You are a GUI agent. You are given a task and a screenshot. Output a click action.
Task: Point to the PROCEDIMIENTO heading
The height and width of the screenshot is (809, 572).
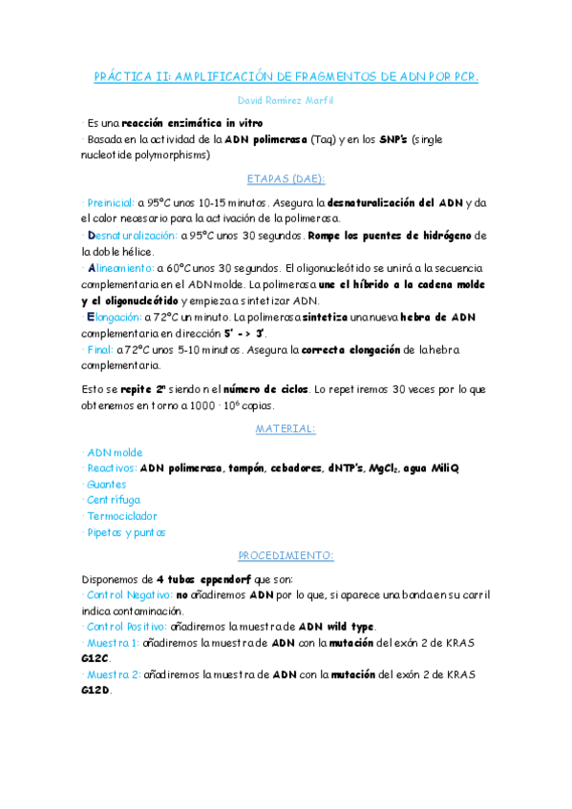286,555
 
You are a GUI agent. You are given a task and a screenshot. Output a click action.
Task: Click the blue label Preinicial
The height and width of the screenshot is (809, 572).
110,203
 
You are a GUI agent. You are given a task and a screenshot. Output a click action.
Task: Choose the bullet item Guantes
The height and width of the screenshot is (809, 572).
106,484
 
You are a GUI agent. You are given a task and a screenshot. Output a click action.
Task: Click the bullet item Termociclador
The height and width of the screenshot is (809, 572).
121,516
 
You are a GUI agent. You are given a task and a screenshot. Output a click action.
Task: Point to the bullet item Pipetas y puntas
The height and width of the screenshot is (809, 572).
125,532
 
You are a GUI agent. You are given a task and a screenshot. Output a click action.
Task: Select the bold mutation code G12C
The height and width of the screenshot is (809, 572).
96,658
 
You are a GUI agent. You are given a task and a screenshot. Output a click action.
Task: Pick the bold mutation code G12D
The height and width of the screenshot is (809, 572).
96,691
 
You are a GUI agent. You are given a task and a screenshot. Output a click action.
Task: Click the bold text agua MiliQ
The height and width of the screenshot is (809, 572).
432,468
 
